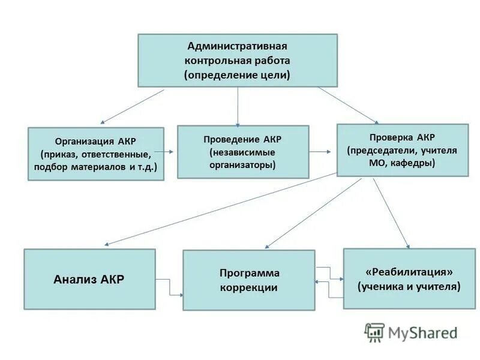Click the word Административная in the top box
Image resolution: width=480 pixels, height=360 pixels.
pyautogui.click(x=238, y=46)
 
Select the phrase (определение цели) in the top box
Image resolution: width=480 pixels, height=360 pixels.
pyautogui.click(x=238, y=75)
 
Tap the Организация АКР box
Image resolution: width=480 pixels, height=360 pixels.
pyautogui.click(x=95, y=154)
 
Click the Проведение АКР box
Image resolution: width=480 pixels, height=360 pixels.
pyautogui.click(x=243, y=151)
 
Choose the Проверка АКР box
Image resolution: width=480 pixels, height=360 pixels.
pyautogui.click(x=402, y=149)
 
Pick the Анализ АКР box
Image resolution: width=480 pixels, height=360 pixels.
pyautogui.click(x=89, y=279)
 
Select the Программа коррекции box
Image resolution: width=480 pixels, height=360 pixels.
pyautogui.click(x=248, y=280)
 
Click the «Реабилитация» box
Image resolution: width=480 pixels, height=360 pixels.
pyautogui.click(x=409, y=278)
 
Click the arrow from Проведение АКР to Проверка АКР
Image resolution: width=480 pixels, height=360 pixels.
pyautogui.click(x=323, y=152)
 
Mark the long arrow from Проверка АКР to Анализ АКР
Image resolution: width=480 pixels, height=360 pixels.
pyautogui.click(x=222, y=209)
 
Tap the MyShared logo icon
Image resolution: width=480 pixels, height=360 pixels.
pyautogui.click(x=374, y=331)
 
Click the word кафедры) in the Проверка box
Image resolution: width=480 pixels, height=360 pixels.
pyautogui.click(x=413, y=163)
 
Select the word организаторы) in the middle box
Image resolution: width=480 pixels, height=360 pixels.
pyautogui.click(x=242, y=164)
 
